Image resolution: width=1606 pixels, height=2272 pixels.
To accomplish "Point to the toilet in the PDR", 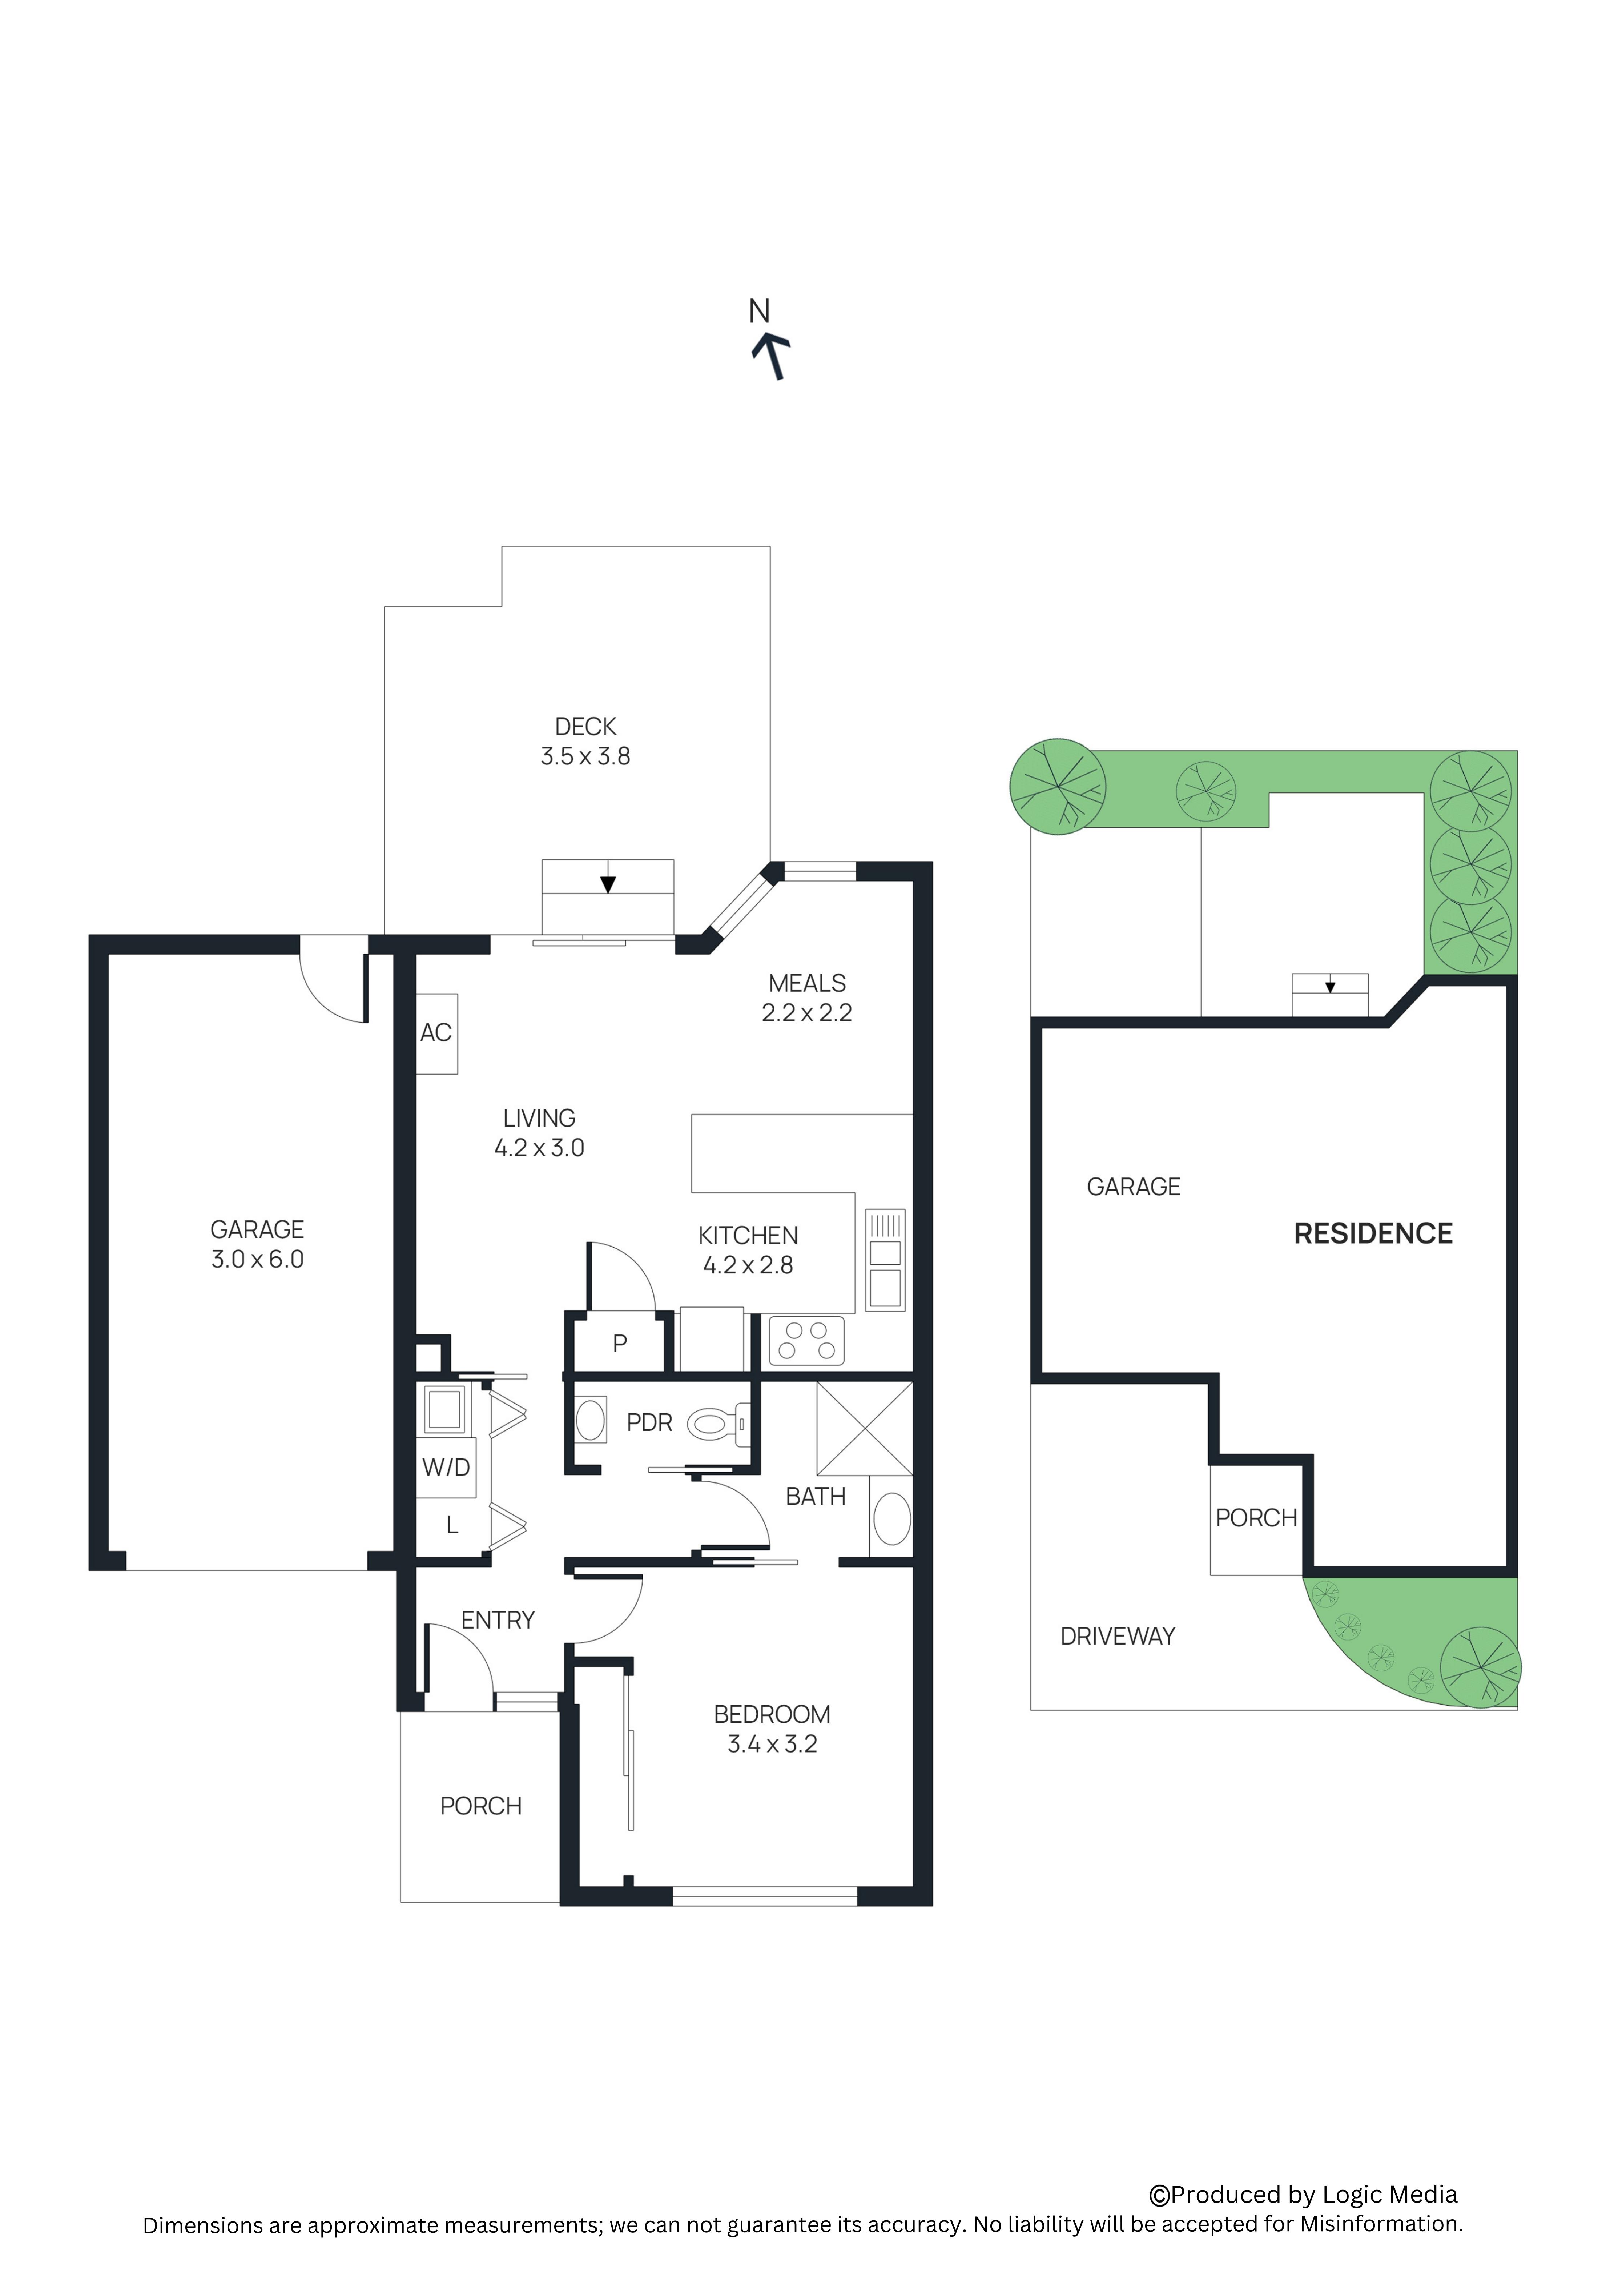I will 719,1424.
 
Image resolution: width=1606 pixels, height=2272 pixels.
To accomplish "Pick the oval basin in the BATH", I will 893,1519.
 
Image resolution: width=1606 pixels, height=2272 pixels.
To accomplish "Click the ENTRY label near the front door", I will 498,1620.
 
